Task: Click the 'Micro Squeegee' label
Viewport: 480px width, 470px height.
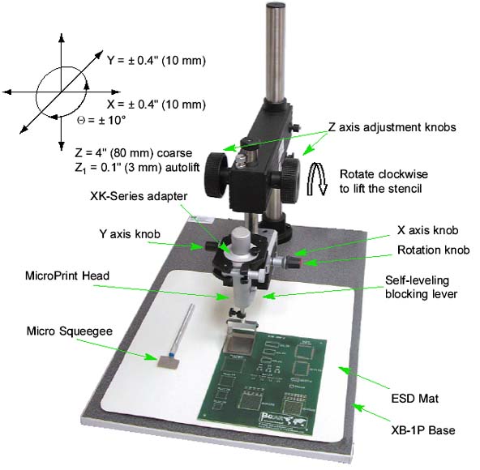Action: (70, 331)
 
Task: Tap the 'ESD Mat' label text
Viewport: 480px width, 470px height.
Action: (415, 399)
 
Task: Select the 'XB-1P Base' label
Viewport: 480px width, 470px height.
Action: (423, 430)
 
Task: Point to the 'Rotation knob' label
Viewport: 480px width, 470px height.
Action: (434, 250)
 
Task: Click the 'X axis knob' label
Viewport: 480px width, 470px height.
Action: (427, 230)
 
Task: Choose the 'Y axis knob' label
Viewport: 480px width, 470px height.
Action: (130, 234)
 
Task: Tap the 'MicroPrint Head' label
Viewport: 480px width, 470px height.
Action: (67, 276)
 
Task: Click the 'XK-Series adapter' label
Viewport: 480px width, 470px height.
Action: (139, 196)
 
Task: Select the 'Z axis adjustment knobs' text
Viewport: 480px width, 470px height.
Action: (392, 127)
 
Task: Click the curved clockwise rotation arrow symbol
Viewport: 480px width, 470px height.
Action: (317, 179)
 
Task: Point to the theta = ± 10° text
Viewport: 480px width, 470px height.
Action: (101, 120)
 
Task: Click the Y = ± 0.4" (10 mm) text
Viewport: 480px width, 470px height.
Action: (156, 60)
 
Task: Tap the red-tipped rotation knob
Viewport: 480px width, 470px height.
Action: (294, 262)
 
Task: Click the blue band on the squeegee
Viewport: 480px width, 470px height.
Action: (171, 355)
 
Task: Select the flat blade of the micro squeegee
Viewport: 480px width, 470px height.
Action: (168, 362)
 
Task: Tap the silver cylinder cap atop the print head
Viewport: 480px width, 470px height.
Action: (241, 242)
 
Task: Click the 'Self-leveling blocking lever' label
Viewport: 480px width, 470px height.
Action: (422, 287)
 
